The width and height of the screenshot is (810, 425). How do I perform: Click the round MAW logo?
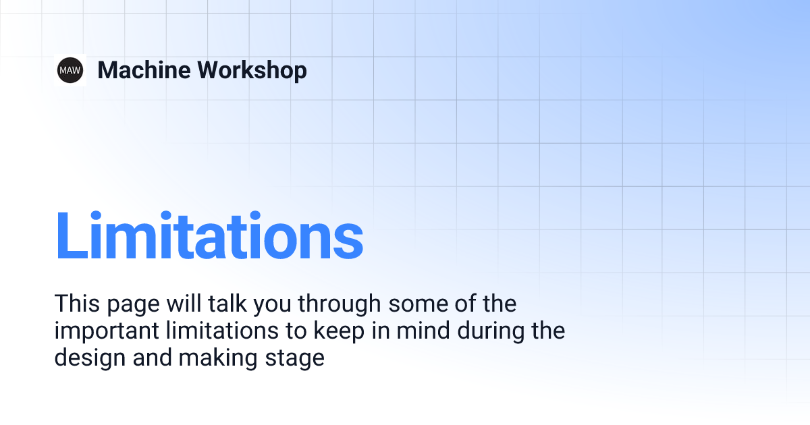(x=70, y=70)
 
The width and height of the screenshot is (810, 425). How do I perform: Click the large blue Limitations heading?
(x=209, y=235)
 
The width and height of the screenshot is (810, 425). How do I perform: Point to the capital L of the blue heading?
(x=71, y=235)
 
